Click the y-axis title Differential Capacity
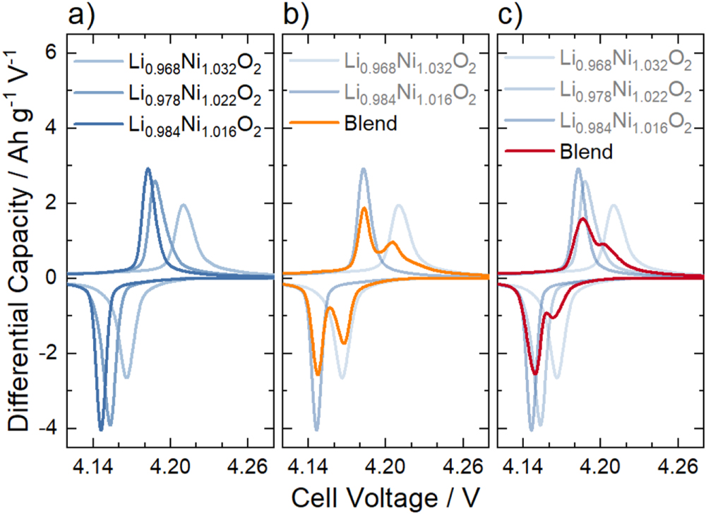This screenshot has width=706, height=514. point(19,240)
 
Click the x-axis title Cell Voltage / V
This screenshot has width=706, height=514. point(385,494)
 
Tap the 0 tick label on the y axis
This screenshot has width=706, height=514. point(51,278)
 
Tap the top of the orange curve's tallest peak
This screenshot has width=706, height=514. point(364,208)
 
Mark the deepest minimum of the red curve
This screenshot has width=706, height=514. point(535,374)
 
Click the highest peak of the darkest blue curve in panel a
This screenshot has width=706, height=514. point(148,169)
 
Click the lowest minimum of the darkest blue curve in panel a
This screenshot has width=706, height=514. point(101,429)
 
